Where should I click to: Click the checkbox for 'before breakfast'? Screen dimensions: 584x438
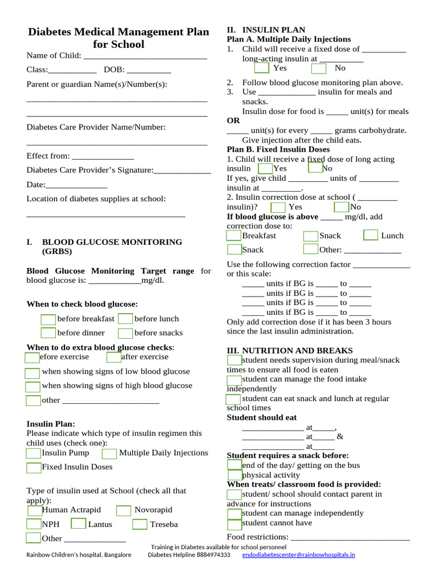tap(48, 319)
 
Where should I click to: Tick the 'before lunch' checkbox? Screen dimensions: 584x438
tap(125, 319)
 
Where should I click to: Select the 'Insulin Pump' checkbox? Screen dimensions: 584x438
tap(34, 453)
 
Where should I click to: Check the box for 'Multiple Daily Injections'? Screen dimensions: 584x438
tap(109, 453)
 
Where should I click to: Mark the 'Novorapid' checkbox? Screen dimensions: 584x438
tap(124, 510)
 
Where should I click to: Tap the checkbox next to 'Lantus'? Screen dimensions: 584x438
tap(79, 524)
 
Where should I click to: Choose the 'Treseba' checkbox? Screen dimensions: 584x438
tap(140, 524)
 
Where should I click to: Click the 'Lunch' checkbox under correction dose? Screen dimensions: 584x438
tap(371, 235)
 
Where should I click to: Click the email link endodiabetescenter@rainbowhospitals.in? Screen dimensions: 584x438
tap(298, 554)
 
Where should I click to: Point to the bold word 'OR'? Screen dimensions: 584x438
tap(233, 121)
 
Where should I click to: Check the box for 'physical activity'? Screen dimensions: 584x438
tap(234, 475)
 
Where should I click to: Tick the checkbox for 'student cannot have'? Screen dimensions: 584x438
tap(234, 524)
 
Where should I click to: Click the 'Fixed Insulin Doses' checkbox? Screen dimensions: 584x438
tap(34, 468)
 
